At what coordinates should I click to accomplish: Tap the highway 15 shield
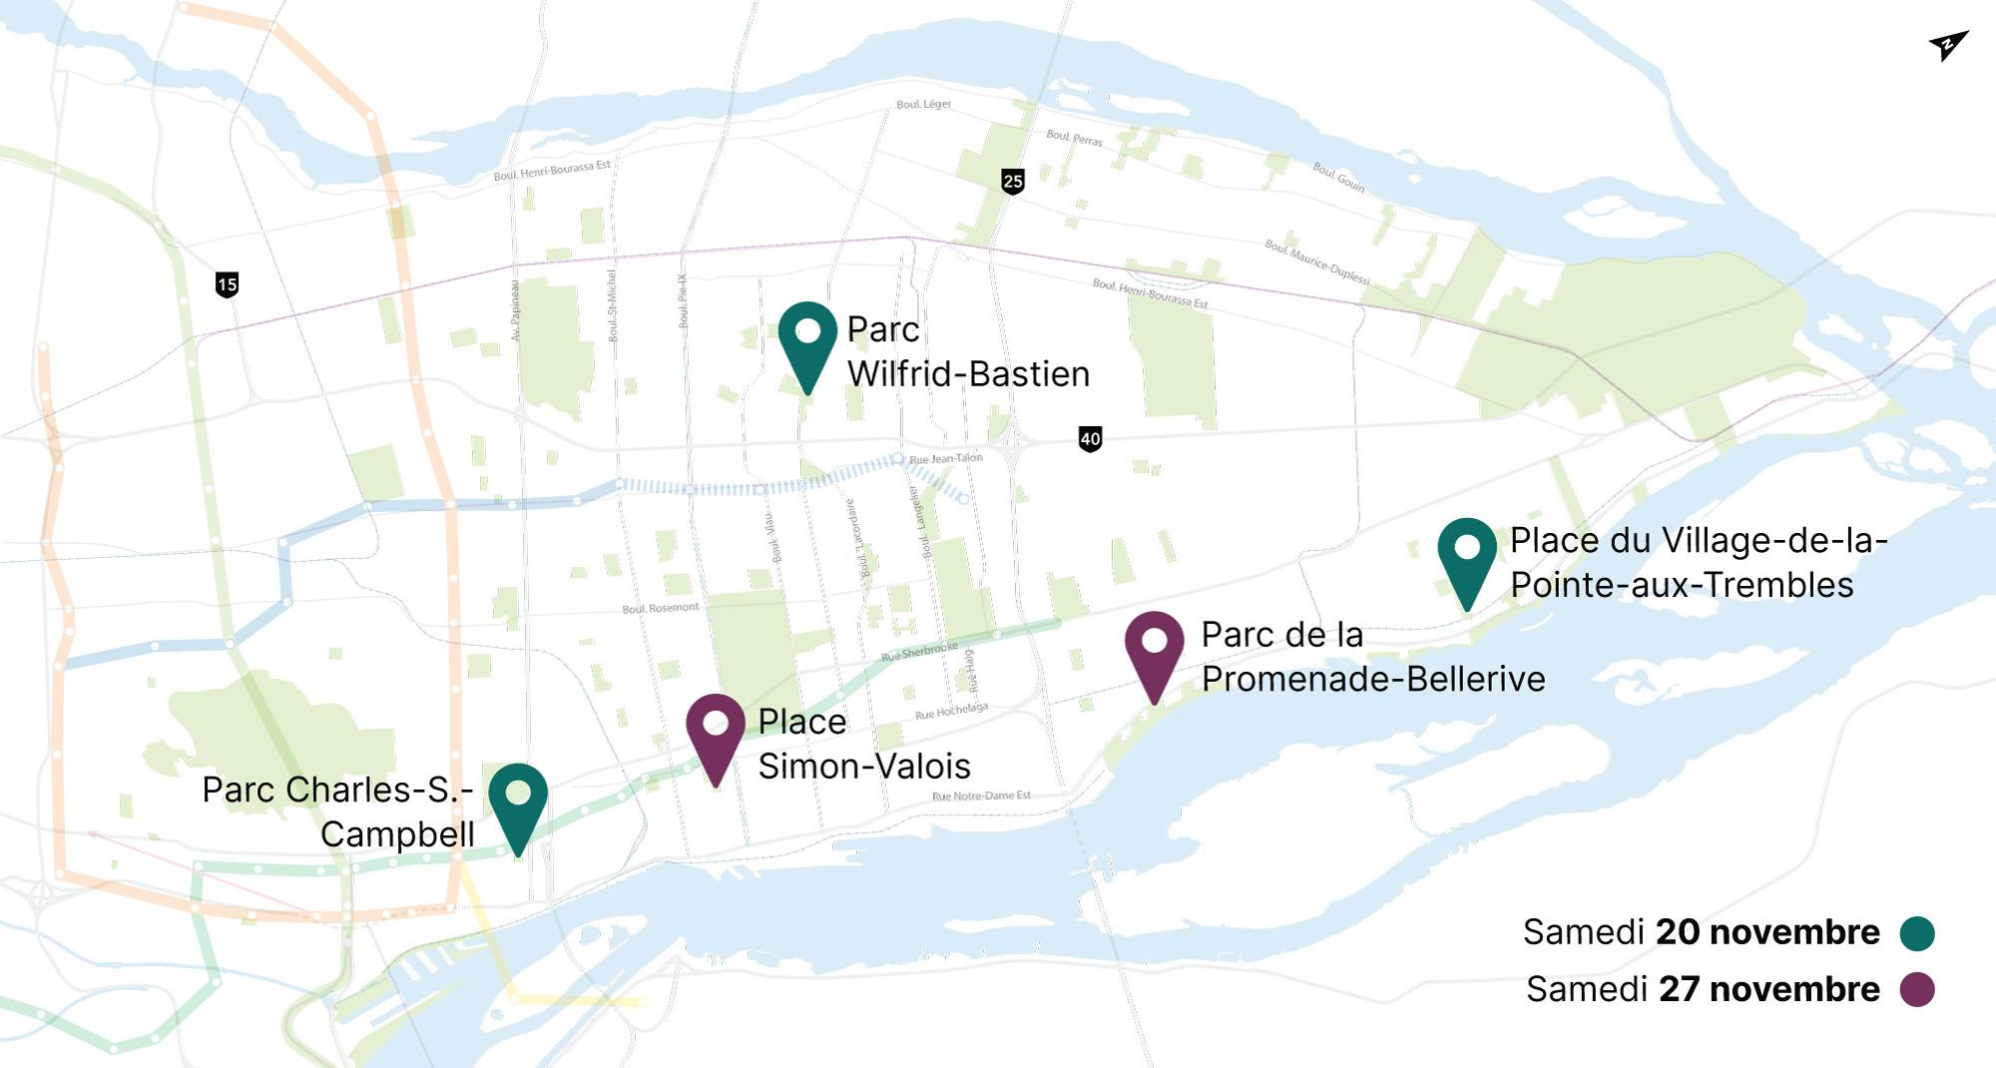[227, 284]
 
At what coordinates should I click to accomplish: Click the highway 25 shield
[1013, 181]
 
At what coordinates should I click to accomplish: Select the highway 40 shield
[1090, 438]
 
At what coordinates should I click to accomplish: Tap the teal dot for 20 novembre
[1917, 933]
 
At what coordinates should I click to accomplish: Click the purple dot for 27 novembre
[1917, 989]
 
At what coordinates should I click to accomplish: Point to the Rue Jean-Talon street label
[946, 458]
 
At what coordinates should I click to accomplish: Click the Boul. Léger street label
[923, 104]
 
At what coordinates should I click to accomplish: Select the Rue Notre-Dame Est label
[981, 796]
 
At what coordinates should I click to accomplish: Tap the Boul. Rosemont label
[660, 608]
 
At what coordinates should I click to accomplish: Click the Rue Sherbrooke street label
[919, 652]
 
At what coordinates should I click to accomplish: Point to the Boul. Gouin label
[1338, 177]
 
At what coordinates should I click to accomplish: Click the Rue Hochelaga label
[951, 711]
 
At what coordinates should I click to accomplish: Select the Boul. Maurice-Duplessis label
[1317, 261]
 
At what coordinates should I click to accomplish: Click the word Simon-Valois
[864, 766]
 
